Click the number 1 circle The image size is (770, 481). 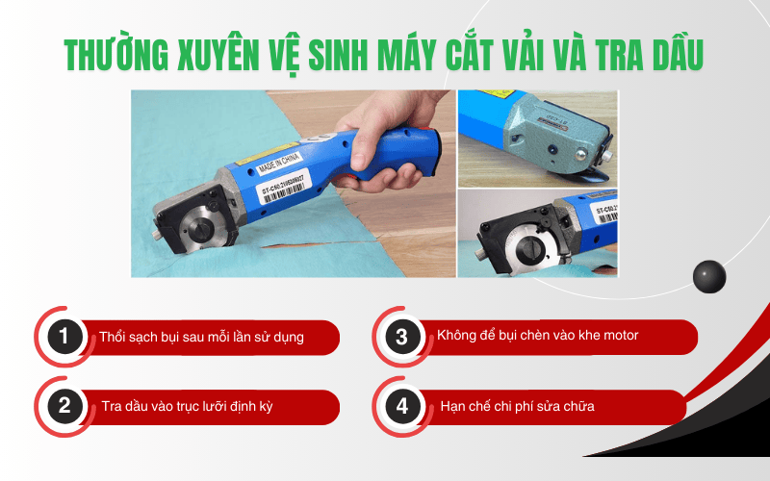(64, 338)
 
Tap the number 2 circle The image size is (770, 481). (64, 406)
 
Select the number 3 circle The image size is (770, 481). (402, 338)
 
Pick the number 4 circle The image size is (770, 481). (402, 406)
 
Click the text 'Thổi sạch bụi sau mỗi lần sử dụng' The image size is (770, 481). (201, 338)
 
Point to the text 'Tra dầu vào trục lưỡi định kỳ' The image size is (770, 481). (187, 407)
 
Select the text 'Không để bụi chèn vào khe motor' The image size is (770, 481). (537, 336)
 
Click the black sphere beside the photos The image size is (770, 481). (708, 276)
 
